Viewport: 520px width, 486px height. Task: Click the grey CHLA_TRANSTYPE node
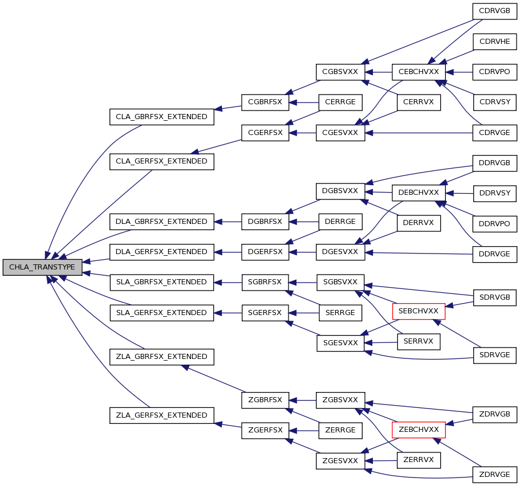tap(42, 267)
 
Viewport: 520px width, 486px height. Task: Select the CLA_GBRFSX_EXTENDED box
tap(162, 117)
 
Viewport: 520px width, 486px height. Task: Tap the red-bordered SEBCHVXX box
tap(419, 312)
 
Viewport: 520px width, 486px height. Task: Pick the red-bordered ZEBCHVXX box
tap(419, 430)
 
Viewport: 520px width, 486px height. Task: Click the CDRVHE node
tap(495, 42)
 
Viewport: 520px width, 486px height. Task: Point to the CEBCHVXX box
tap(419, 72)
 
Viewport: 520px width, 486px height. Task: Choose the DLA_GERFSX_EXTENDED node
tap(162, 252)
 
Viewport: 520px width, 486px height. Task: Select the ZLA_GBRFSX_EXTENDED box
tap(162, 357)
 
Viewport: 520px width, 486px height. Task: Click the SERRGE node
tap(340, 313)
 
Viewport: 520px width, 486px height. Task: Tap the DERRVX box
tap(419, 223)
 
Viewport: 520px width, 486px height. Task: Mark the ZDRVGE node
tap(495, 475)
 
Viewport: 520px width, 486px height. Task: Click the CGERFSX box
tap(265, 133)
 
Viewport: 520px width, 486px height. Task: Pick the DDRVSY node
tap(495, 194)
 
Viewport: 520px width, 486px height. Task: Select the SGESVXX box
tap(340, 343)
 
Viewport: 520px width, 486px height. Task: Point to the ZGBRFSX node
tap(265, 400)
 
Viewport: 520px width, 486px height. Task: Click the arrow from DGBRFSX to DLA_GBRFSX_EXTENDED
tap(228, 222)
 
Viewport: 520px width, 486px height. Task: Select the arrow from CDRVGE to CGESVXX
tap(419, 133)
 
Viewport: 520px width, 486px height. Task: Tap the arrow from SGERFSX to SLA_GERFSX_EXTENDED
tap(228, 313)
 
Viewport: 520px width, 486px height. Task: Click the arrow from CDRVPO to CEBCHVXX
tap(459, 72)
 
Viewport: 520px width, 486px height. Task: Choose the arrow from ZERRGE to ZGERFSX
tap(304, 431)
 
